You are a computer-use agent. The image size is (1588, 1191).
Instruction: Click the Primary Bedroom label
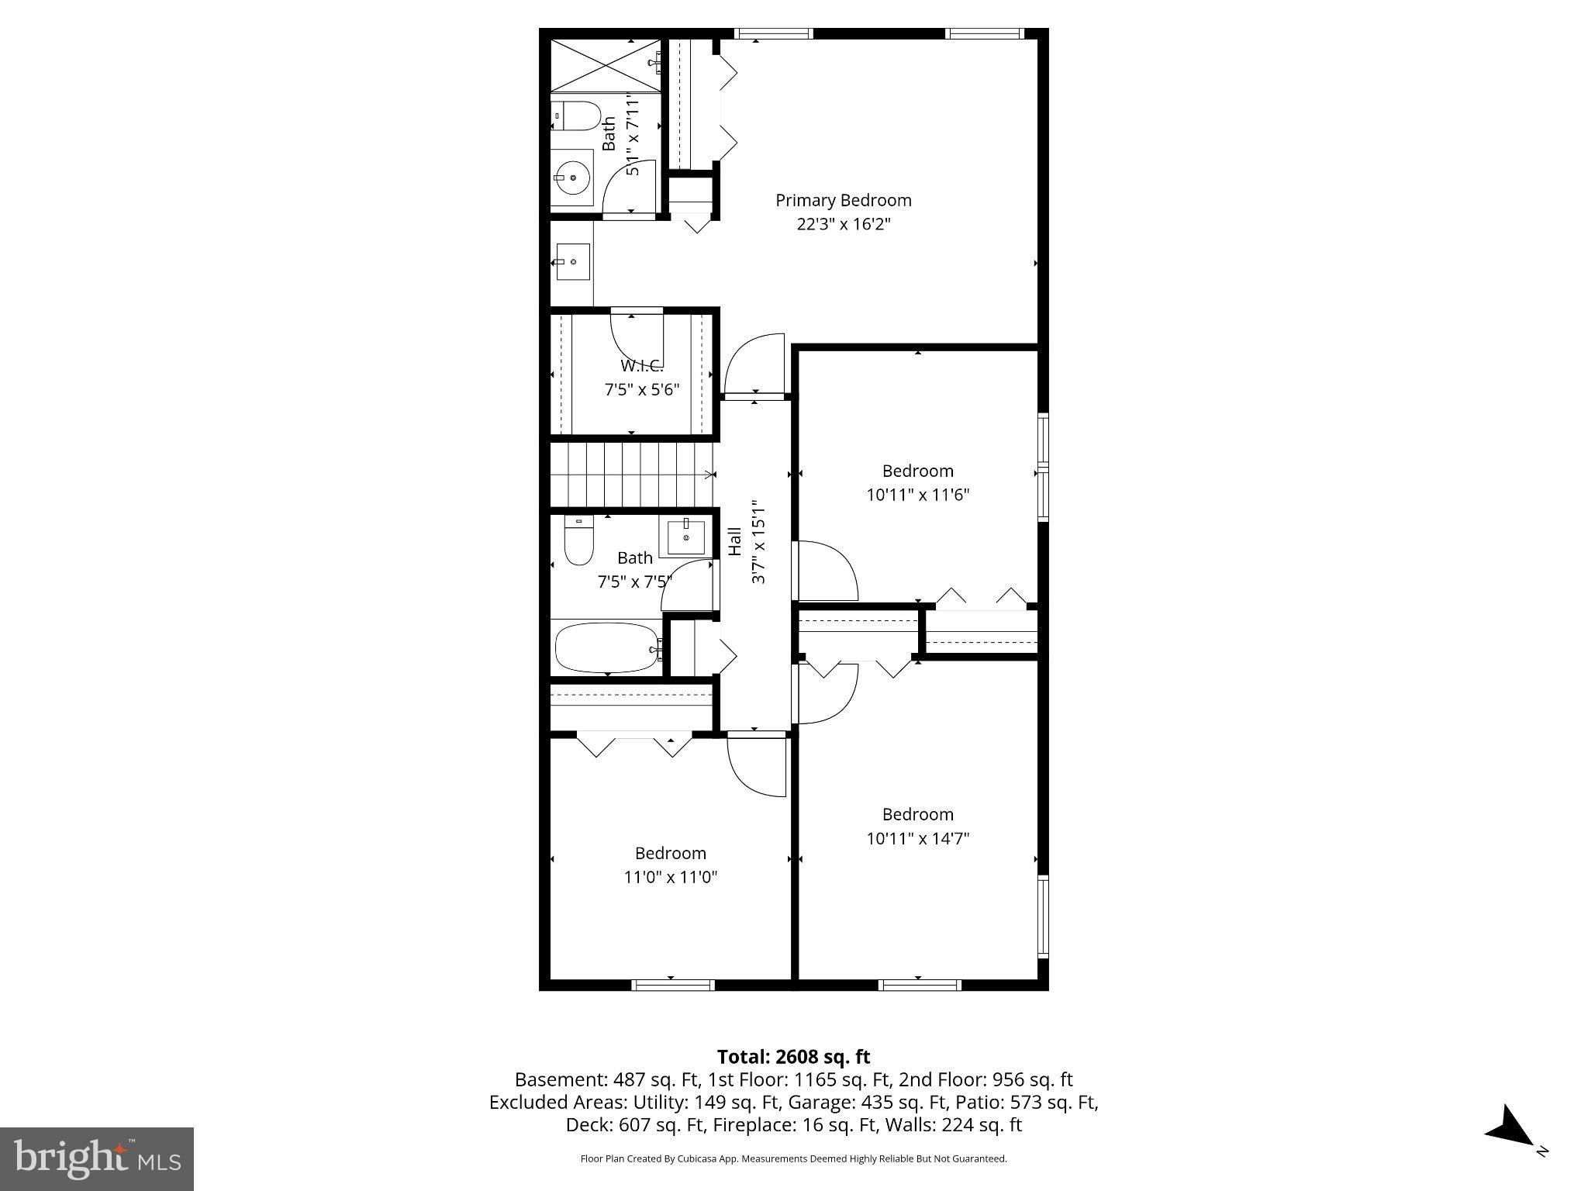click(x=843, y=200)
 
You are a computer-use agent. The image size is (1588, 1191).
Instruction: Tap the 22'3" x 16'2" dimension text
click(x=843, y=225)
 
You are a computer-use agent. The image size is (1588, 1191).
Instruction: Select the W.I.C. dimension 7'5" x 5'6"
click(x=641, y=389)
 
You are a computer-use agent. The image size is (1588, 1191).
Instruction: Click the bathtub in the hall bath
click(x=606, y=647)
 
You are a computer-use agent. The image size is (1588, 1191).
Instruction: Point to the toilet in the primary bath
click(x=575, y=116)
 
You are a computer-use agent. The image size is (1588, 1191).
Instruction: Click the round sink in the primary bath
click(x=572, y=178)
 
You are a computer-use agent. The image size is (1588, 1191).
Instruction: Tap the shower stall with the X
click(x=605, y=67)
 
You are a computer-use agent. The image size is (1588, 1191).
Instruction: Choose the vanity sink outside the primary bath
click(x=572, y=262)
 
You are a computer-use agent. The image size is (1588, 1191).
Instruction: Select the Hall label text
click(x=734, y=541)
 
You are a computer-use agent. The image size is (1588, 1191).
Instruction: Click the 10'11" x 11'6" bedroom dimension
click(x=917, y=495)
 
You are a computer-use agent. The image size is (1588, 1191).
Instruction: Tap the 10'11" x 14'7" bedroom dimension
click(x=917, y=838)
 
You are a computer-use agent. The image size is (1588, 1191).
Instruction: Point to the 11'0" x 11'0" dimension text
click(x=671, y=877)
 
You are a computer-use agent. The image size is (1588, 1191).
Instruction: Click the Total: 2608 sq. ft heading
click(x=793, y=1057)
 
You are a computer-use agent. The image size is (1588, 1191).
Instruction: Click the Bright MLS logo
click(x=97, y=1159)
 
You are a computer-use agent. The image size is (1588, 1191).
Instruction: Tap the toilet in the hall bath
click(x=578, y=540)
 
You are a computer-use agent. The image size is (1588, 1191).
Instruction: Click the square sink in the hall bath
click(x=686, y=537)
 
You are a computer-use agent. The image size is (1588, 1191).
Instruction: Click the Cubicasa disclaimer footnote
click(x=793, y=1159)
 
